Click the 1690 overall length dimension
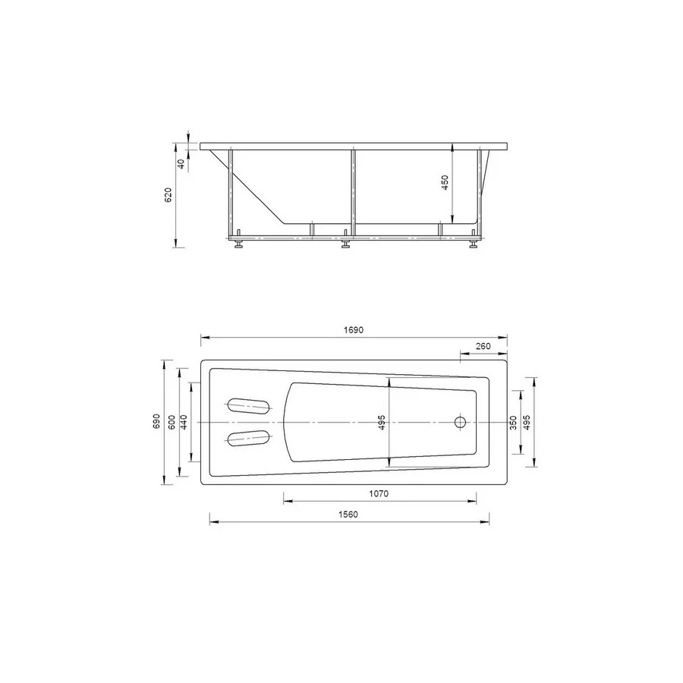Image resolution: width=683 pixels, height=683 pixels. point(353,330)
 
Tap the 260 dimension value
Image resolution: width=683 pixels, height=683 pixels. point(483,346)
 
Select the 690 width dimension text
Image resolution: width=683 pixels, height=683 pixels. point(156,422)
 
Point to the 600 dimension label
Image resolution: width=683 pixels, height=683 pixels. point(172,422)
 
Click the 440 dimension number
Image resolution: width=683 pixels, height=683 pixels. point(184,422)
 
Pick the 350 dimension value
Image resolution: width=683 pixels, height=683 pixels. point(513,423)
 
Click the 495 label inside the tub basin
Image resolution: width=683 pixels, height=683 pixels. point(382,423)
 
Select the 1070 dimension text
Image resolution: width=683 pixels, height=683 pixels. point(379,493)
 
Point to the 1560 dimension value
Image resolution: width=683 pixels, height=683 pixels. point(348,515)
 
